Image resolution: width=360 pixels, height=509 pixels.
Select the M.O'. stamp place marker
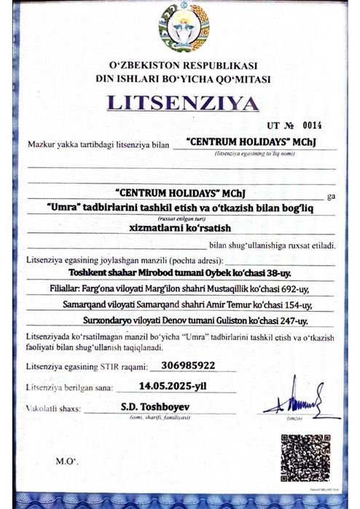click(x=68, y=462)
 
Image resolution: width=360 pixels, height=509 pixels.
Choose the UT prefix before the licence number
click(x=273, y=125)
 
